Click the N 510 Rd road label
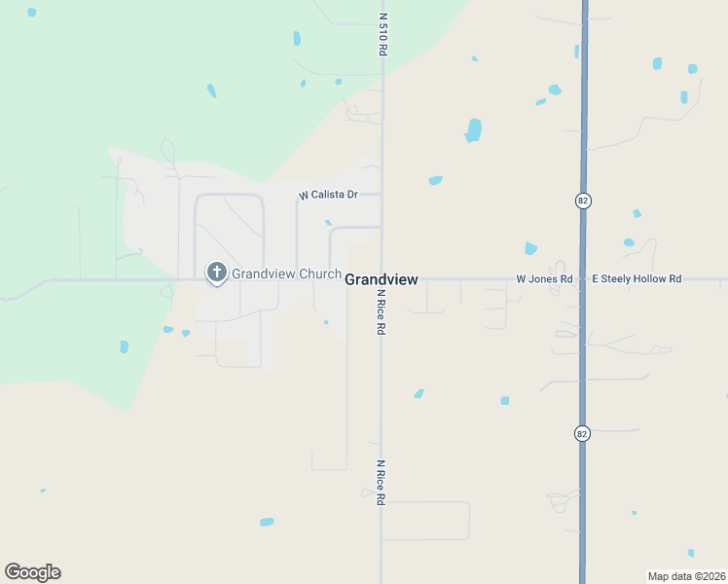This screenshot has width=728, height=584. click(383, 33)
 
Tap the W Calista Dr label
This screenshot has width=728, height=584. click(328, 195)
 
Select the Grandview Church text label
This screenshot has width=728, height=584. click(286, 274)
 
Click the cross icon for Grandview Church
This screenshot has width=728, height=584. click(216, 273)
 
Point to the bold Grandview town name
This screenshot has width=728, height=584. click(382, 279)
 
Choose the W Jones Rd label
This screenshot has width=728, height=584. click(544, 279)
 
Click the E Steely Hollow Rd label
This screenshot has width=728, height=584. click(637, 279)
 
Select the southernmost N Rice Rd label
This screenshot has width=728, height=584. click(382, 482)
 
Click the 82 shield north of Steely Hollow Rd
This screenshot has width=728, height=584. click(583, 201)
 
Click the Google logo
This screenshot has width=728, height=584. click(32, 572)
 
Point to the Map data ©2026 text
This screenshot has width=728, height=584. click(686, 575)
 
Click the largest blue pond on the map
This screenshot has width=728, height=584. click(474, 129)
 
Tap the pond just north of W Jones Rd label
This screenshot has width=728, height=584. click(530, 248)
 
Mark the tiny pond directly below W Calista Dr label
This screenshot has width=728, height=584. click(328, 223)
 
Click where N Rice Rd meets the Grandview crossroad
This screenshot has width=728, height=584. click(382, 279)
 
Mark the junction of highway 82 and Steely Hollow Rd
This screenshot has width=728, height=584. click(583, 279)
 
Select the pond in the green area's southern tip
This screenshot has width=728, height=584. click(124, 347)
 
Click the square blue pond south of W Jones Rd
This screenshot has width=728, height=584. click(505, 400)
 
